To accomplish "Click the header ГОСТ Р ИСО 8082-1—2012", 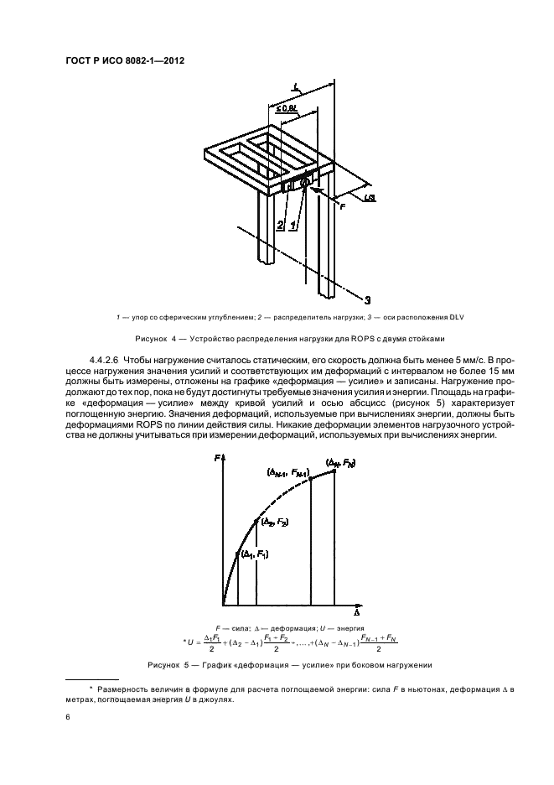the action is (125, 61).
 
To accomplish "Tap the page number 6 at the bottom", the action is (68, 717).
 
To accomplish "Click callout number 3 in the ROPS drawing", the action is (367, 300).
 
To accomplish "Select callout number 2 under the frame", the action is (280, 225).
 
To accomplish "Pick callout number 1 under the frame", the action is (293, 225).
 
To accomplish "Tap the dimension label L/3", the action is (370, 199).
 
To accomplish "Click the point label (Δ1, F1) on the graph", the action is (255, 554).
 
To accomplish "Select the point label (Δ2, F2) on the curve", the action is (275, 522).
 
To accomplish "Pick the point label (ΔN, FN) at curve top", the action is (340, 464).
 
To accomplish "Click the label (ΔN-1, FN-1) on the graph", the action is (289, 472).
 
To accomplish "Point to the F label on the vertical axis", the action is (217, 458).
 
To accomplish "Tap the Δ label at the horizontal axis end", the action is (357, 612).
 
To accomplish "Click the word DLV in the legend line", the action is (458, 317).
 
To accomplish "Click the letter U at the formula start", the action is (190, 642).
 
